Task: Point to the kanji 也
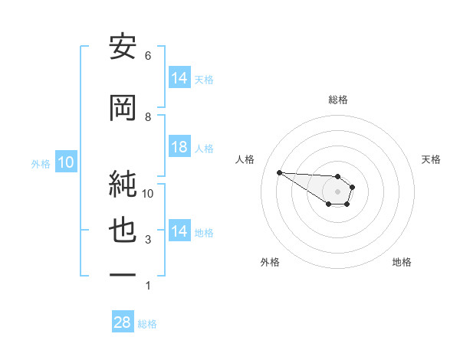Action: coord(123,232)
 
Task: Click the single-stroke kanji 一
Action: coord(123,273)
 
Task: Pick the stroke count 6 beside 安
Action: coord(148,56)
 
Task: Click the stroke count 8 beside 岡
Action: coord(148,117)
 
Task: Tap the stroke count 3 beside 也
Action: coord(148,241)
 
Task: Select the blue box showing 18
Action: coord(179,147)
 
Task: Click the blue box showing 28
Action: coord(123,322)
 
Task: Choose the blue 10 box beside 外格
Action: coord(65,162)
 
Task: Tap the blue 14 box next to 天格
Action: coord(179,78)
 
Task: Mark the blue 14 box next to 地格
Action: coord(179,231)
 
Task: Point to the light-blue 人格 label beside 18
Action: coord(204,148)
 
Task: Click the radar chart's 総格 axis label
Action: coord(337,100)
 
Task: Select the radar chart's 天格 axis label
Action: coord(431,159)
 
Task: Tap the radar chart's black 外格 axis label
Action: coord(270,262)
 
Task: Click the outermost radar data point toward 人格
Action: coord(279,172)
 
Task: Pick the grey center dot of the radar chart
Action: coord(337,191)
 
